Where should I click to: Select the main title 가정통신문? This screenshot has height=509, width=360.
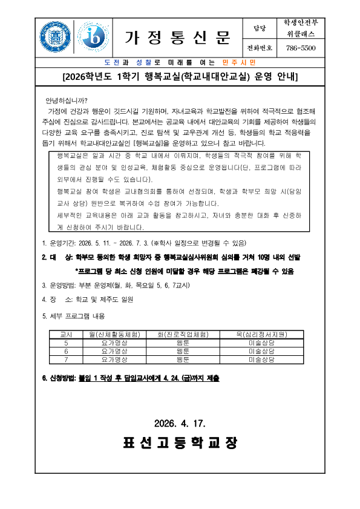pos(178,38)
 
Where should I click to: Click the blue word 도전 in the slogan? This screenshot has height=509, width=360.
pos(111,62)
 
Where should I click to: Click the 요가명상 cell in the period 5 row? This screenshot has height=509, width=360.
pos(114,343)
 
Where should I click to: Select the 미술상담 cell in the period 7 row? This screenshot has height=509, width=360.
pos(261,359)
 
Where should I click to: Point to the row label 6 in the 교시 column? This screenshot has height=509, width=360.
pos(66,350)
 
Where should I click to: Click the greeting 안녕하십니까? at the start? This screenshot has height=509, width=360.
pos(66,100)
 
